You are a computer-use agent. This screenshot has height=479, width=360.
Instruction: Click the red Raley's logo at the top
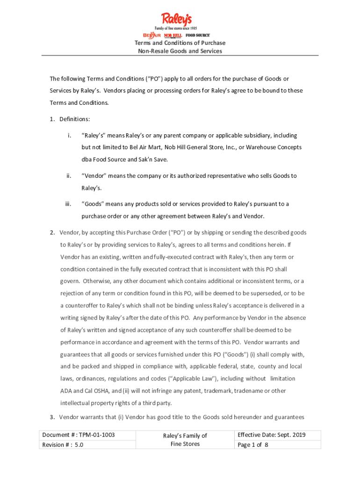click(x=176, y=20)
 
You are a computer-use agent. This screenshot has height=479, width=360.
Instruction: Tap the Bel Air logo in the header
click(x=151, y=36)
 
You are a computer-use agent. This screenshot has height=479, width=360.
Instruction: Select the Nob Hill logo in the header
click(x=173, y=36)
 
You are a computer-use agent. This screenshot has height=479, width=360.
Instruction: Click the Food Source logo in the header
click(x=197, y=36)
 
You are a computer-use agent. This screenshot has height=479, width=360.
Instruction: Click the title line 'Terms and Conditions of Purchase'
click(x=180, y=43)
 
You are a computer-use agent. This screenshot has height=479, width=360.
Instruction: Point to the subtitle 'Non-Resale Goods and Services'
click(x=180, y=51)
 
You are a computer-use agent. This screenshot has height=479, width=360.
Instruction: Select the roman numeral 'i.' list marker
click(x=69, y=136)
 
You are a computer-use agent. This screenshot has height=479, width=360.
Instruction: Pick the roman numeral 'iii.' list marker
click(x=68, y=204)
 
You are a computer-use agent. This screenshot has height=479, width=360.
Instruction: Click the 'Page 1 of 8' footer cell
click(x=253, y=445)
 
